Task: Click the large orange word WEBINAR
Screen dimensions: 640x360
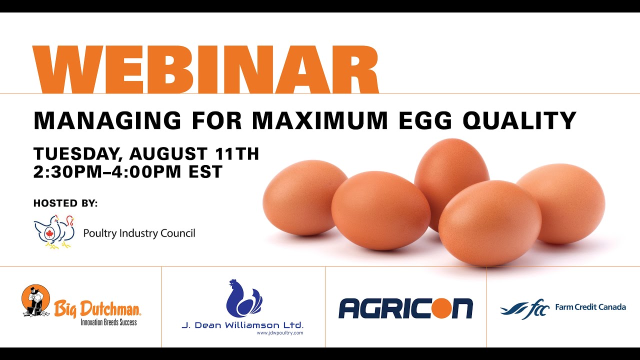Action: click(205, 69)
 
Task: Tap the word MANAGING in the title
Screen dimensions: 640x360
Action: click(107, 121)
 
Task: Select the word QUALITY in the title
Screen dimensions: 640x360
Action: click(519, 121)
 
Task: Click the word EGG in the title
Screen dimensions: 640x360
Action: click(425, 121)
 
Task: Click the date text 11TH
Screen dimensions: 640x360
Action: click(237, 153)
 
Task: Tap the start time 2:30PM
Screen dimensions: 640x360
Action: click(67, 171)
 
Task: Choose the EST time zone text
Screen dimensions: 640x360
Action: click(205, 171)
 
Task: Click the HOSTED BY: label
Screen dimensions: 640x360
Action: click(65, 203)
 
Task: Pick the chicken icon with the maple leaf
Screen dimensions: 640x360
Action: click(54, 231)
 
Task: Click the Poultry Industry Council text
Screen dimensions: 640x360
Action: click(139, 233)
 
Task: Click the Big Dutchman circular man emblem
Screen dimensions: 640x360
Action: click(35, 300)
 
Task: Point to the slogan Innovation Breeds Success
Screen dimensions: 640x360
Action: click(108, 322)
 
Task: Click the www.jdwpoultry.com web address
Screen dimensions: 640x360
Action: click(280, 333)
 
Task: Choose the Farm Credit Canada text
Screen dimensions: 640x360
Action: click(590, 307)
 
